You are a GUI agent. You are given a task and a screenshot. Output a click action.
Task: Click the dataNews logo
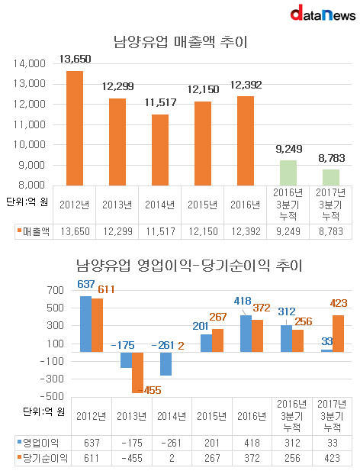pos(323,13)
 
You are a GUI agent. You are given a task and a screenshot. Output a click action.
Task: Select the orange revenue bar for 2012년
pos(75,128)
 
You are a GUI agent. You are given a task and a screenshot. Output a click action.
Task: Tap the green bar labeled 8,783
pos(331,178)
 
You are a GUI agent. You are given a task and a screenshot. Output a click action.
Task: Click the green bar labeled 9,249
pos(288,173)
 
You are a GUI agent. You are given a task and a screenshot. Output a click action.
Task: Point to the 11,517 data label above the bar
pos(160,102)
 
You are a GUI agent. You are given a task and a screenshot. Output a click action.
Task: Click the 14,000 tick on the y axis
pos(29,63)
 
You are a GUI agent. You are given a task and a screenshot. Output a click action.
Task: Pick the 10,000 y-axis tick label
pos(29,144)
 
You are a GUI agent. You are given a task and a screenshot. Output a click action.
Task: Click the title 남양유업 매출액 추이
pos(181,41)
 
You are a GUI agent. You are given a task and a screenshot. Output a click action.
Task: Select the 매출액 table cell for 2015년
pos(203,231)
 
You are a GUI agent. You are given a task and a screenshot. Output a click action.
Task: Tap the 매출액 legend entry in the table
pos(34,231)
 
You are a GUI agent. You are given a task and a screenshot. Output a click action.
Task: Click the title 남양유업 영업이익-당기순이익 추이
pos(189,266)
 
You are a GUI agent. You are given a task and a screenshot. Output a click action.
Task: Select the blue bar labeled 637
pos(85,324)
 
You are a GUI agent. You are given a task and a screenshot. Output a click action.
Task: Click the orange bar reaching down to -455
pos(138,373)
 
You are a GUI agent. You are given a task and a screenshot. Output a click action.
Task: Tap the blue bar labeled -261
pos(166,364)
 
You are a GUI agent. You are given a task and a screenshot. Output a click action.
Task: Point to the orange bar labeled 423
pos(339,334)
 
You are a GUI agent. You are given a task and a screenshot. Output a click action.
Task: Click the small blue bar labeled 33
pos(327,350)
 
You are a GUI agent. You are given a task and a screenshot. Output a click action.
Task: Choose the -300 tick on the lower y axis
pos(52,379)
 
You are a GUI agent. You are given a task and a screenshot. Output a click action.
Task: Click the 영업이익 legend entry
pos(38,443)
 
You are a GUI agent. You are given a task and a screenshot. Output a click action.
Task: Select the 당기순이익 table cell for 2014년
pos(172,458)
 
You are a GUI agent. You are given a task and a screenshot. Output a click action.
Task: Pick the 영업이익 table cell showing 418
pos(252,443)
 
